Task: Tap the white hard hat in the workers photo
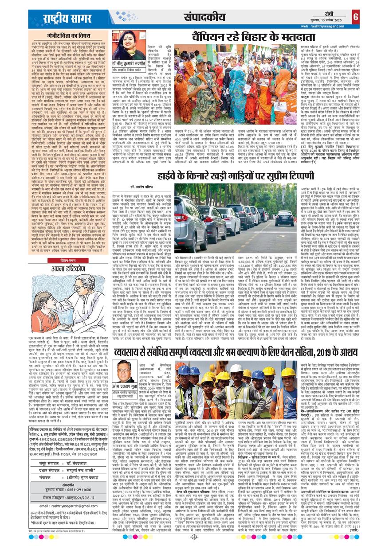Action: [237, 367]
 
